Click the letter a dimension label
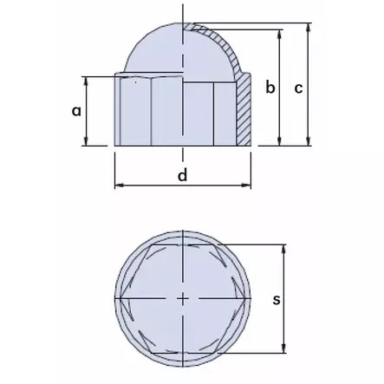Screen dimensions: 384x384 (76, 112)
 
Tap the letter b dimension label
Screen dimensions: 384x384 (270, 88)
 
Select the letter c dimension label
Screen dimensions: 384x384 (298, 88)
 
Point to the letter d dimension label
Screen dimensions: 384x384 (182, 176)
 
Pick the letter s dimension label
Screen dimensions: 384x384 (275, 300)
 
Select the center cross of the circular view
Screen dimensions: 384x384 (183, 299)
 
